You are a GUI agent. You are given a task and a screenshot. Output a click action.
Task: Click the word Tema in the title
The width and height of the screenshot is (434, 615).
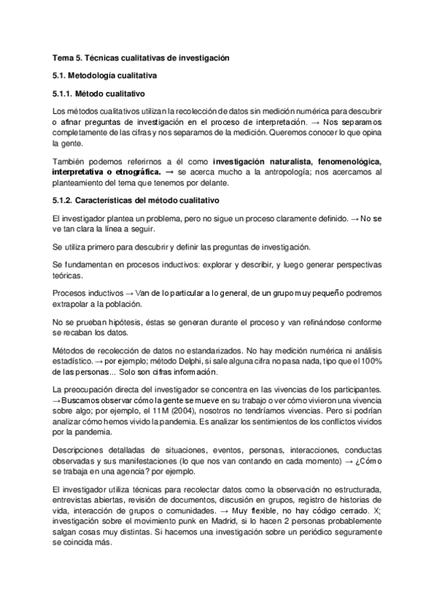pos(63,56)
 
